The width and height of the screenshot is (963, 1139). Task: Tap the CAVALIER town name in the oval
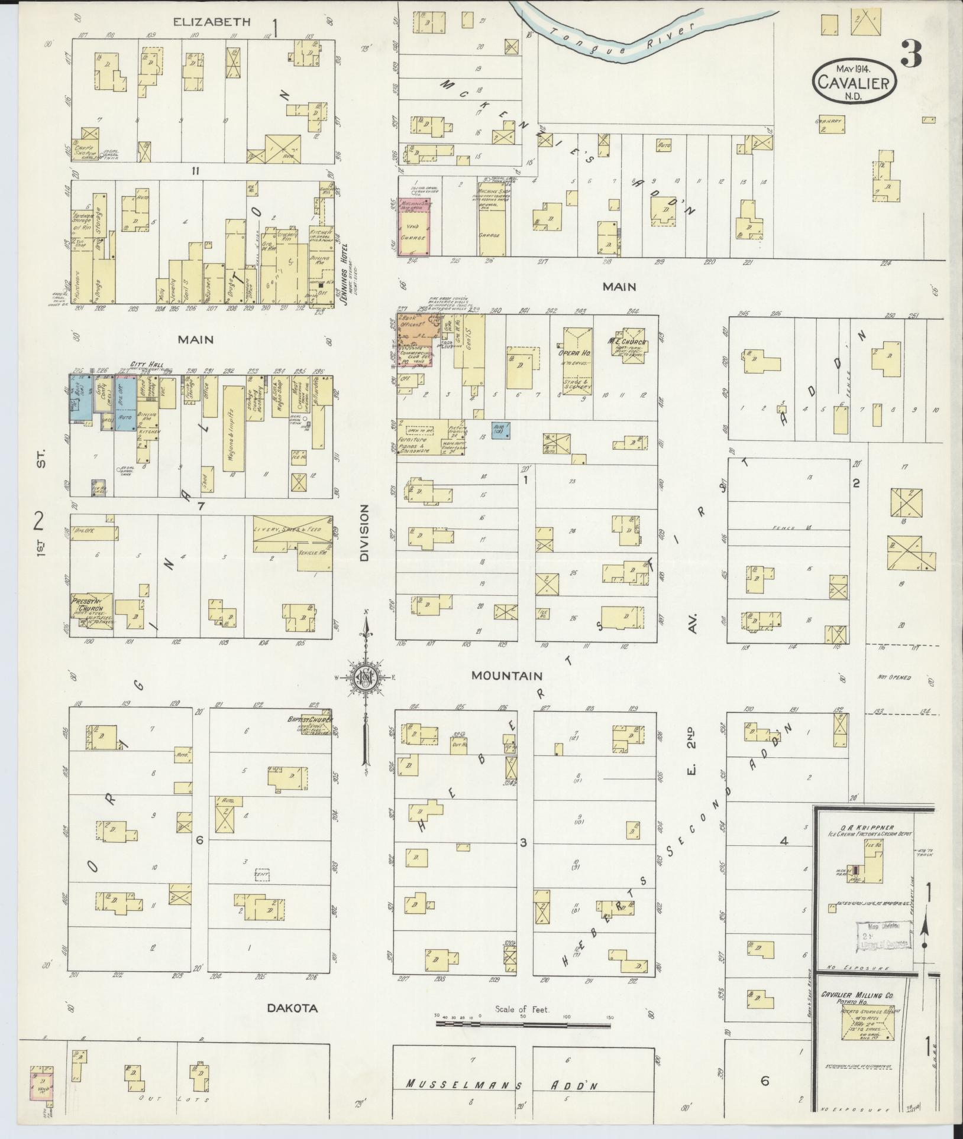pos(854,83)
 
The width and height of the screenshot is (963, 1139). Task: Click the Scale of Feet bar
pos(523,1023)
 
